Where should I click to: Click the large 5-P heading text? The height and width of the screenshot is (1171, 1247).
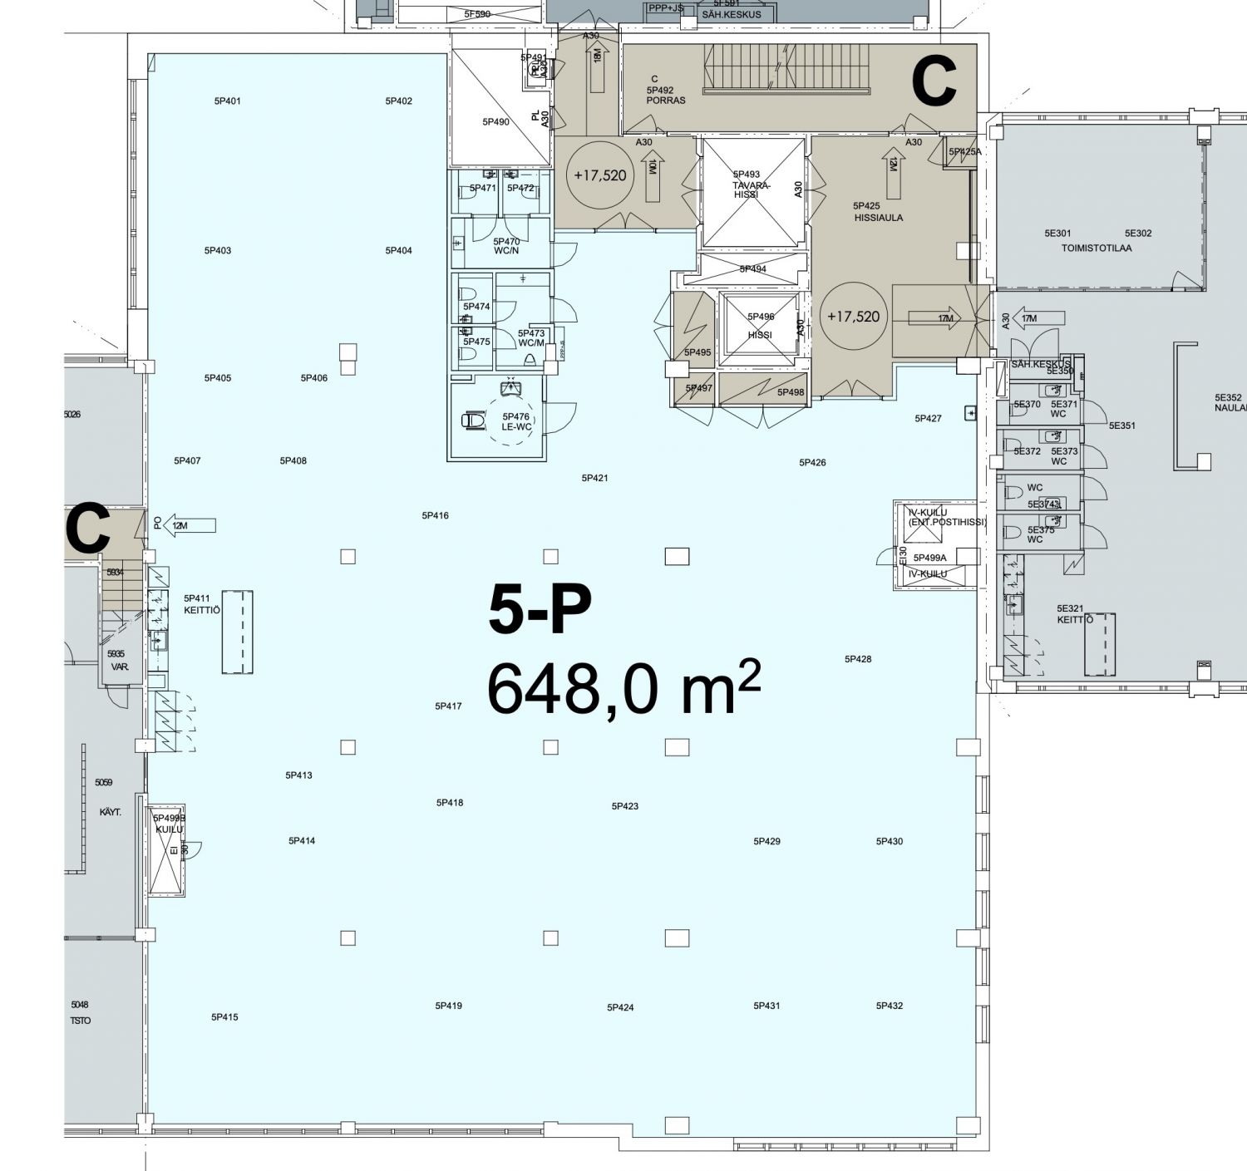point(540,610)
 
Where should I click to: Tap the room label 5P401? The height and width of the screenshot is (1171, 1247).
point(227,101)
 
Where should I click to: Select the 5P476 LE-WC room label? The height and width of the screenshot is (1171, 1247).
point(515,422)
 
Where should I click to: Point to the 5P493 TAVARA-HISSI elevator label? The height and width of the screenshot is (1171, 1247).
point(752,185)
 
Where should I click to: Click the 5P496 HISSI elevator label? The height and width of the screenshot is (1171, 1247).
point(760,326)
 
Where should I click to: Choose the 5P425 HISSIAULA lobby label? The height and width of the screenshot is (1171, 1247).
point(877,212)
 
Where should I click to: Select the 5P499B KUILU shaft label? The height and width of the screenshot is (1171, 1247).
point(169,824)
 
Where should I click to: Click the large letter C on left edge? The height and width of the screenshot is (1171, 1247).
point(87,529)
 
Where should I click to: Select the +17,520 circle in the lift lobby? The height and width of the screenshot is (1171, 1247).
point(853,317)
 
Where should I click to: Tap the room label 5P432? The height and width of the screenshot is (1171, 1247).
point(889,1006)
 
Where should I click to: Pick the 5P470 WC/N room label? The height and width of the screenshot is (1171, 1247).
point(506,247)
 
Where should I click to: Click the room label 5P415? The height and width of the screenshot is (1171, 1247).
point(224,1017)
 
